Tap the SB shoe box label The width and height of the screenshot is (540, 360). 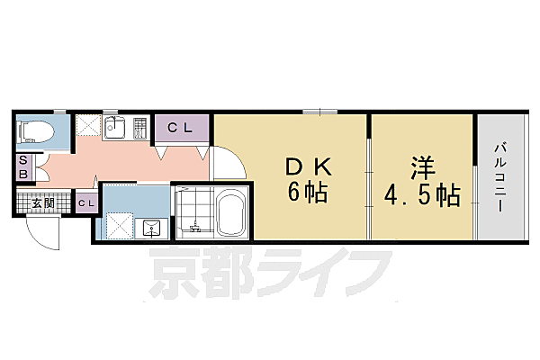(x=23, y=166)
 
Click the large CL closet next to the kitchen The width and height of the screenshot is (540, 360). (x=181, y=128)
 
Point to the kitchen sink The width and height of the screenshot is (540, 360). (x=114, y=127)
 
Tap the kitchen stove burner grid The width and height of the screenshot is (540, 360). (x=139, y=129)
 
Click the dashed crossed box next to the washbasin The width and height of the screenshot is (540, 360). (x=120, y=223)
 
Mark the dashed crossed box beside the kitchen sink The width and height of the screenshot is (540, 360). (x=88, y=126)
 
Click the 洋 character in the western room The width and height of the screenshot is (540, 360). (x=421, y=168)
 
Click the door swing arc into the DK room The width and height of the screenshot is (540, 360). (x=229, y=162)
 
